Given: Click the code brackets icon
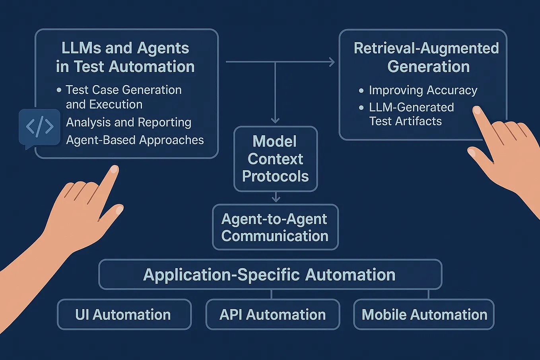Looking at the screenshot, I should click(39, 127).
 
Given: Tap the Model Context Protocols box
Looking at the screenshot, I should click(276, 159).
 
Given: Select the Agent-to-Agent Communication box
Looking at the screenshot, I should click(275, 227).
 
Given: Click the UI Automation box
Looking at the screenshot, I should click(124, 315).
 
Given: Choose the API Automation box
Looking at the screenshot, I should click(273, 315).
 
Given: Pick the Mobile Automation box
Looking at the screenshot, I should click(424, 315).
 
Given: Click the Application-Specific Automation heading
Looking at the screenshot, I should click(270, 275).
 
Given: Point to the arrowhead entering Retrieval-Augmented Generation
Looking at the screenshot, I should click(331, 62).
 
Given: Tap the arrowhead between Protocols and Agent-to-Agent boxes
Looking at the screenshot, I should click(276, 198).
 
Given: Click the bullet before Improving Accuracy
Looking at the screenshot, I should click(361, 91).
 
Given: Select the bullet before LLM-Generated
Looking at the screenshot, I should click(361, 107).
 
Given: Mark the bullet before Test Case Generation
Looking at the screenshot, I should click(59, 90).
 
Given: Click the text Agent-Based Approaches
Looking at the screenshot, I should click(135, 140).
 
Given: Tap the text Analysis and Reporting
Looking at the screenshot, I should click(128, 123).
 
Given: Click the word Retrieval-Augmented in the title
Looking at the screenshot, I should click(426, 48).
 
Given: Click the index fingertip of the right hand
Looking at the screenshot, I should click(476, 110).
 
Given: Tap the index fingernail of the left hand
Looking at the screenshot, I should click(114, 169).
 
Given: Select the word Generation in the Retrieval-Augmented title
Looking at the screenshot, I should click(428, 66).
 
